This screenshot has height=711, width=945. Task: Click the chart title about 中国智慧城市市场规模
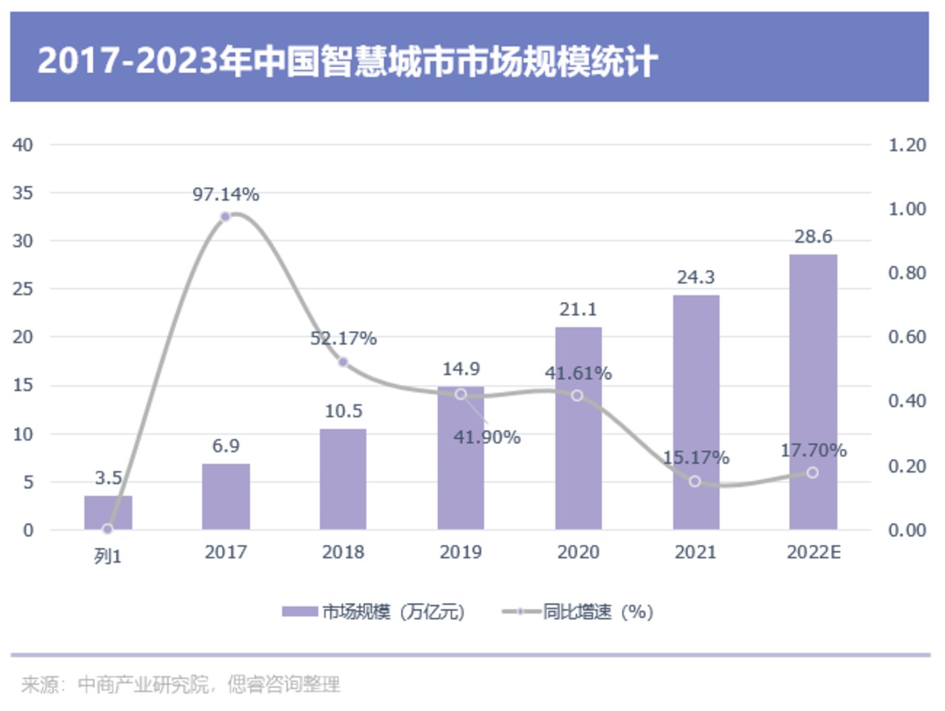tap(347, 61)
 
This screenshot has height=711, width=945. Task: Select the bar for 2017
tap(225, 496)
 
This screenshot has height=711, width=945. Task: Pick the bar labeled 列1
tap(108, 513)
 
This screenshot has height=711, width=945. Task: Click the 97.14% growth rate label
tap(225, 194)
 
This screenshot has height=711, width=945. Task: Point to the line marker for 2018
tap(343, 363)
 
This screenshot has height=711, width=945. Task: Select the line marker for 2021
tap(695, 481)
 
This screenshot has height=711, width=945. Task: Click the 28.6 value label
tap(813, 237)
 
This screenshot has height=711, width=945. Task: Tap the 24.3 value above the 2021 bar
tap(695, 278)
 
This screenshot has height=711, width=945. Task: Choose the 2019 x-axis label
tap(460, 552)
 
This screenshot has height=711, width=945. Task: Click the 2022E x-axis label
tap(813, 552)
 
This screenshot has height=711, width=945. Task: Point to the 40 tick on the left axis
tap(22, 145)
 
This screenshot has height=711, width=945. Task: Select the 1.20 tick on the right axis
tap(907, 145)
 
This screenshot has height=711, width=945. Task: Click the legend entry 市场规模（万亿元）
tap(373, 612)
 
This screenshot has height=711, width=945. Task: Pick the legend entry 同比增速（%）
tap(578, 612)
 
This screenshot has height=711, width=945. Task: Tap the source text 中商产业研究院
tap(142, 685)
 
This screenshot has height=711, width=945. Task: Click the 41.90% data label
tap(487, 438)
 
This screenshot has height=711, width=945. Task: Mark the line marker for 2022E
tap(812, 473)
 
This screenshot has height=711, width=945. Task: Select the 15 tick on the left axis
tap(22, 386)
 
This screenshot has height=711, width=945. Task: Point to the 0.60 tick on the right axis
tap(907, 337)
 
